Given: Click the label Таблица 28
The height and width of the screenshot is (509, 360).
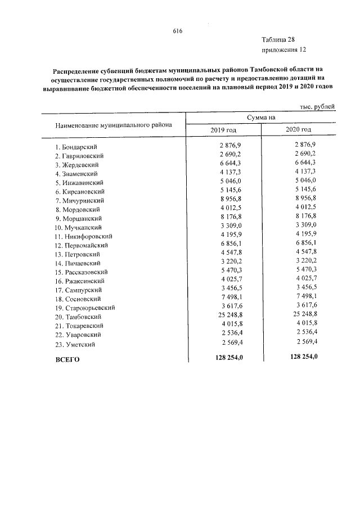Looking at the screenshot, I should point(277,39).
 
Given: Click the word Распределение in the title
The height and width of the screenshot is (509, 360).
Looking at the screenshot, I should point(76,71).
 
